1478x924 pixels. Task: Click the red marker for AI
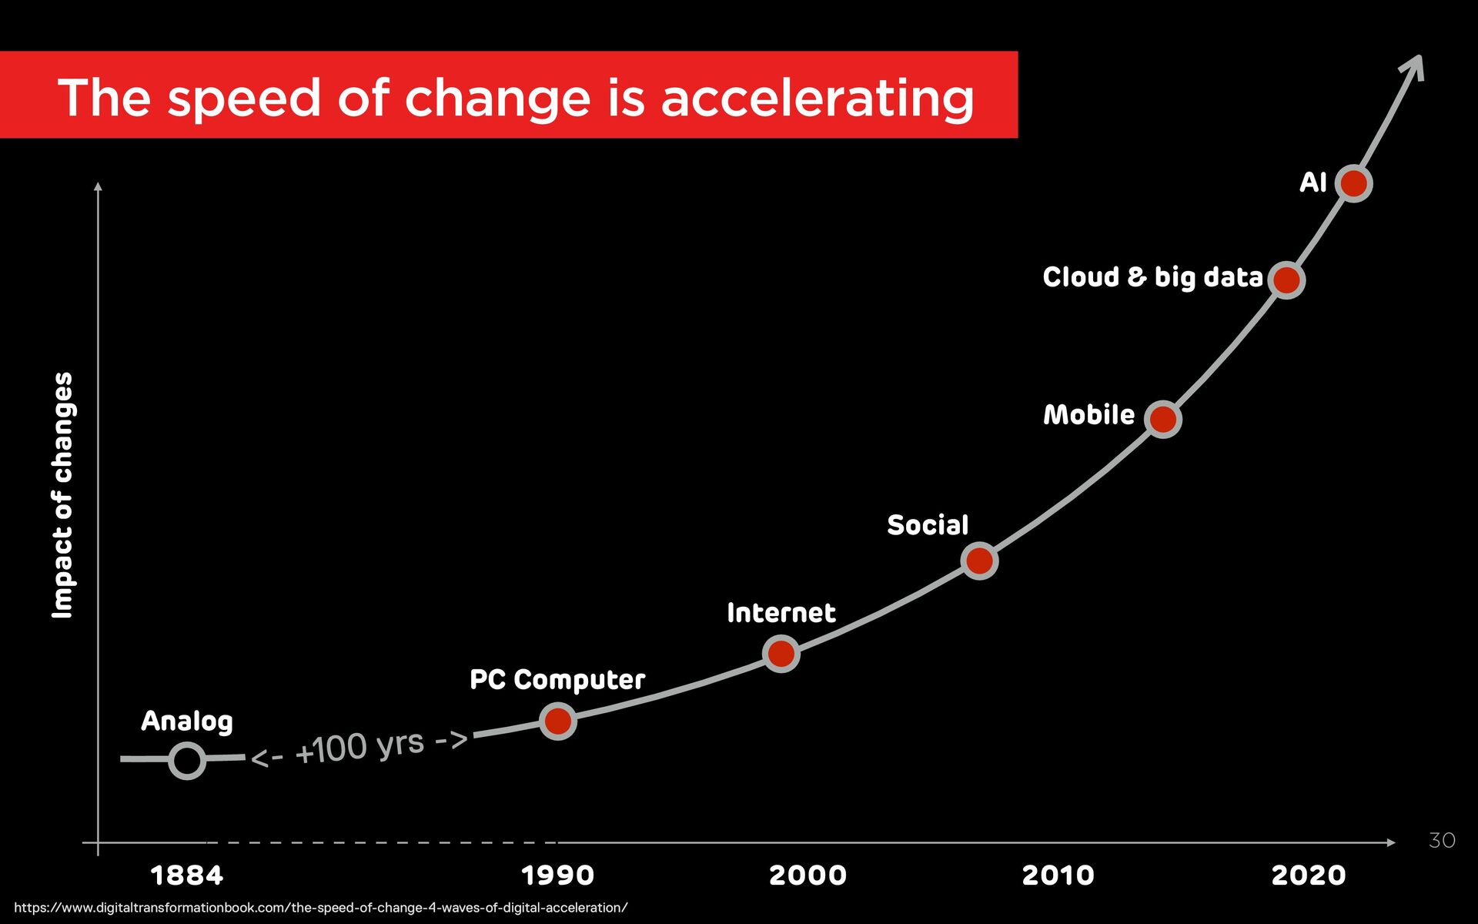1353,183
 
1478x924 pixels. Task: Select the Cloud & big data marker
1286,280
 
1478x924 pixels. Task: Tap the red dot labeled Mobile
1162,419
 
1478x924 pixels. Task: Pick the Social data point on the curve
979,560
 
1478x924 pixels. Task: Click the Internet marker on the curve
781,654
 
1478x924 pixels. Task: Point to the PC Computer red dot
557,721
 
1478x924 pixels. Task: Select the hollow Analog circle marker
187,760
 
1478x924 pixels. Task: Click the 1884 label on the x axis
186,875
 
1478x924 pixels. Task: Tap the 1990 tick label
557,875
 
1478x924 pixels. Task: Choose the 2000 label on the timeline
808,875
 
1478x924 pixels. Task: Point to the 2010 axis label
1058,875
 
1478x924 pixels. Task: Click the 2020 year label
1308,875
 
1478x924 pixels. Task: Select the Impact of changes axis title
62,495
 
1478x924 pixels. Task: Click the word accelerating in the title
818,98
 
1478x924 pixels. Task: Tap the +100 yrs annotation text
359,746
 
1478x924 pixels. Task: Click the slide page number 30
1441,840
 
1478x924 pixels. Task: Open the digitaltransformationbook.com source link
321,908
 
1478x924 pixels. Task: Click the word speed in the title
243,98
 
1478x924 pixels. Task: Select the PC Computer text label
557,680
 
